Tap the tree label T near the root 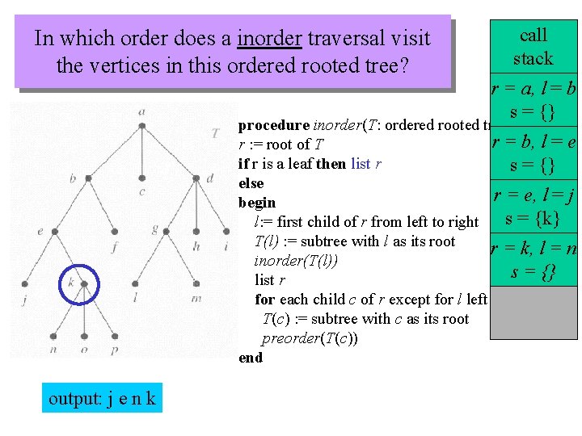pos(214,132)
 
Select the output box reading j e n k pos(102,398)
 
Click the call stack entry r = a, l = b pos(534,86)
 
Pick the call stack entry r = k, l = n pos(534,249)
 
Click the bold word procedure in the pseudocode pos(273,125)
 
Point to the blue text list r pos(361,164)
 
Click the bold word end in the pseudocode pos(251,358)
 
